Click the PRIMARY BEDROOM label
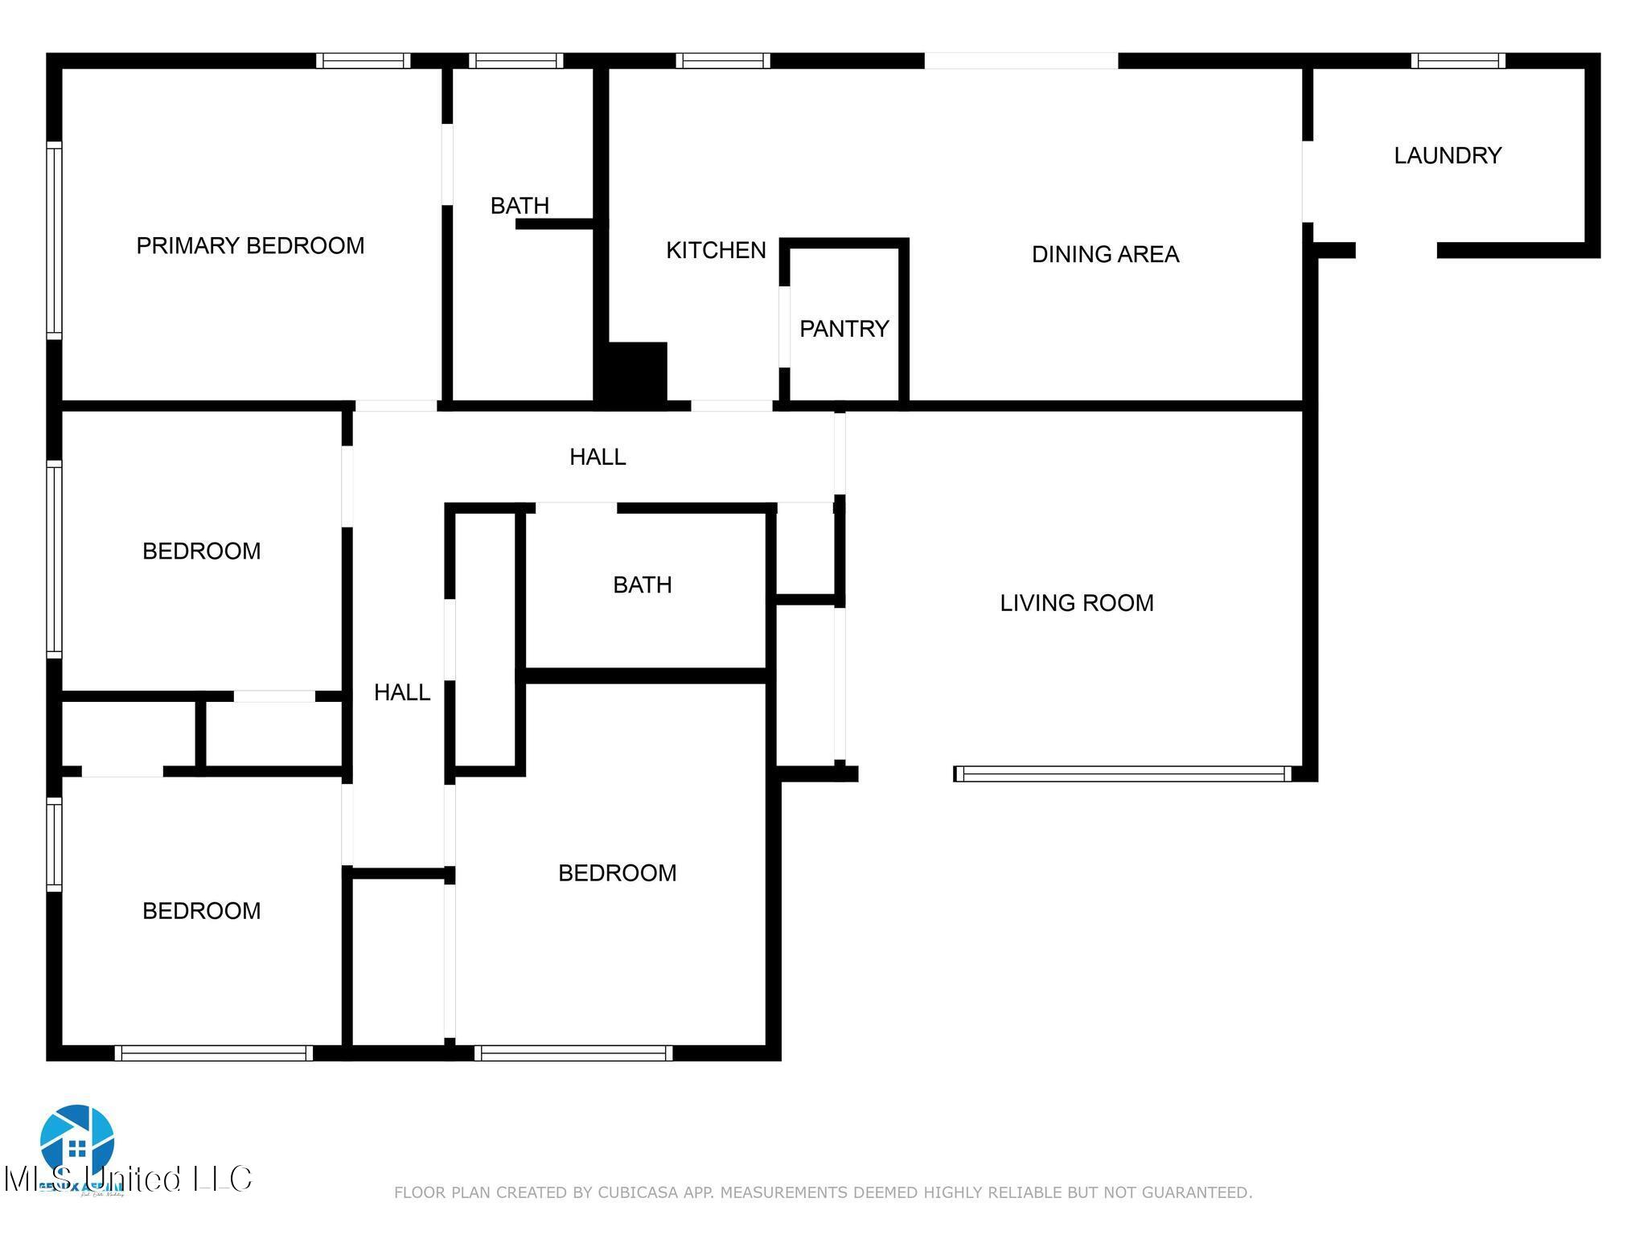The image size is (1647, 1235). [250, 245]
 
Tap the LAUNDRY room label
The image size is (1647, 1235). [1448, 155]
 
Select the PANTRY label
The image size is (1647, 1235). [844, 328]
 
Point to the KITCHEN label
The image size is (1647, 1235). [716, 250]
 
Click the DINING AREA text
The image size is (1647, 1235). [1105, 254]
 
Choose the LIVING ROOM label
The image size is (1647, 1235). [1076, 602]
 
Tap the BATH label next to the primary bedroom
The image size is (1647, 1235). [520, 205]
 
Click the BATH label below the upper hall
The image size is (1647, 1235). [642, 585]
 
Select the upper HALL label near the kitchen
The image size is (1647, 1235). [598, 457]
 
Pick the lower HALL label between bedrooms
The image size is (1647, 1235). [402, 691]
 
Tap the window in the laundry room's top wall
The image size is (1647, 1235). [1457, 61]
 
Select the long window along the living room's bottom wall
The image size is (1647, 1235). [1122, 773]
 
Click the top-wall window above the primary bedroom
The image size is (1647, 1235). [363, 61]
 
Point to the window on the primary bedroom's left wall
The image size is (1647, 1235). [54, 240]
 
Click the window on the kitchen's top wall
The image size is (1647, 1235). [722, 61]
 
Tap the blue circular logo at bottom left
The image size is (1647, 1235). [77, 1140]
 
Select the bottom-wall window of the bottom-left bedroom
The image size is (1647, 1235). [213, 1053]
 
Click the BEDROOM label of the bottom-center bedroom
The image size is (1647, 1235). [617, 872]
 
